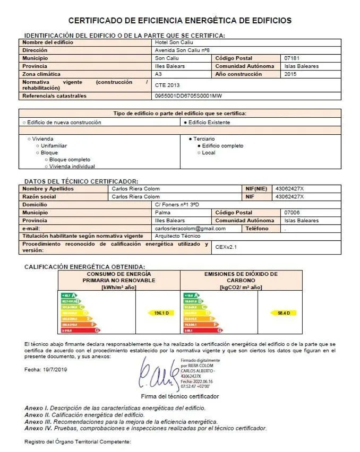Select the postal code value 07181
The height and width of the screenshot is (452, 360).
[293, 58]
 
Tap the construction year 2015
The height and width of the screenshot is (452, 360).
[290, 74]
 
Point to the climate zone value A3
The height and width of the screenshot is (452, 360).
[158, 74]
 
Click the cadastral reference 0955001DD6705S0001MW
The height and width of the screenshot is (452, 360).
[188, 96]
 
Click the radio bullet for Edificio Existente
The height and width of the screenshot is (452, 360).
[185, 123]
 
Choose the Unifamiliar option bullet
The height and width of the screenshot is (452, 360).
[37, 146]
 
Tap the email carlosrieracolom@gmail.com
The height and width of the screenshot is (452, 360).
[190, 229]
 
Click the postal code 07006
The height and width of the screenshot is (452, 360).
[293, 213]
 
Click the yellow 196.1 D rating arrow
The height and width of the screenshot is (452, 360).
[160, 314]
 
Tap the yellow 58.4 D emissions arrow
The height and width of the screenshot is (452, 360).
[283, 314]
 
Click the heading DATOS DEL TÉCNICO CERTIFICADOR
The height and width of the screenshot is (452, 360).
[81, 181]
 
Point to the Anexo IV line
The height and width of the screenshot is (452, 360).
[145, 428]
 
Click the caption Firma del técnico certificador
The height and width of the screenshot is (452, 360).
[179, 396]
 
